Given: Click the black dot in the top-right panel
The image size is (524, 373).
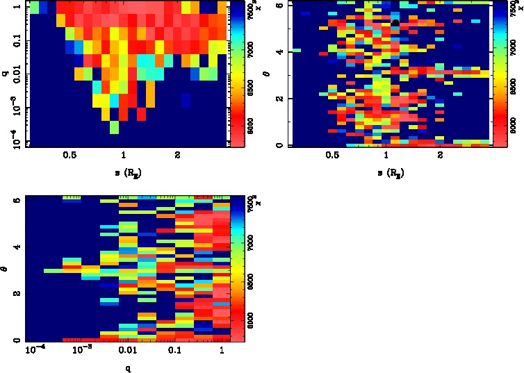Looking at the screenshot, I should click(x=395, y=23).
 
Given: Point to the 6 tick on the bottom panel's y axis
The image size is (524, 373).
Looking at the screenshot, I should click(x=15, y=200).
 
